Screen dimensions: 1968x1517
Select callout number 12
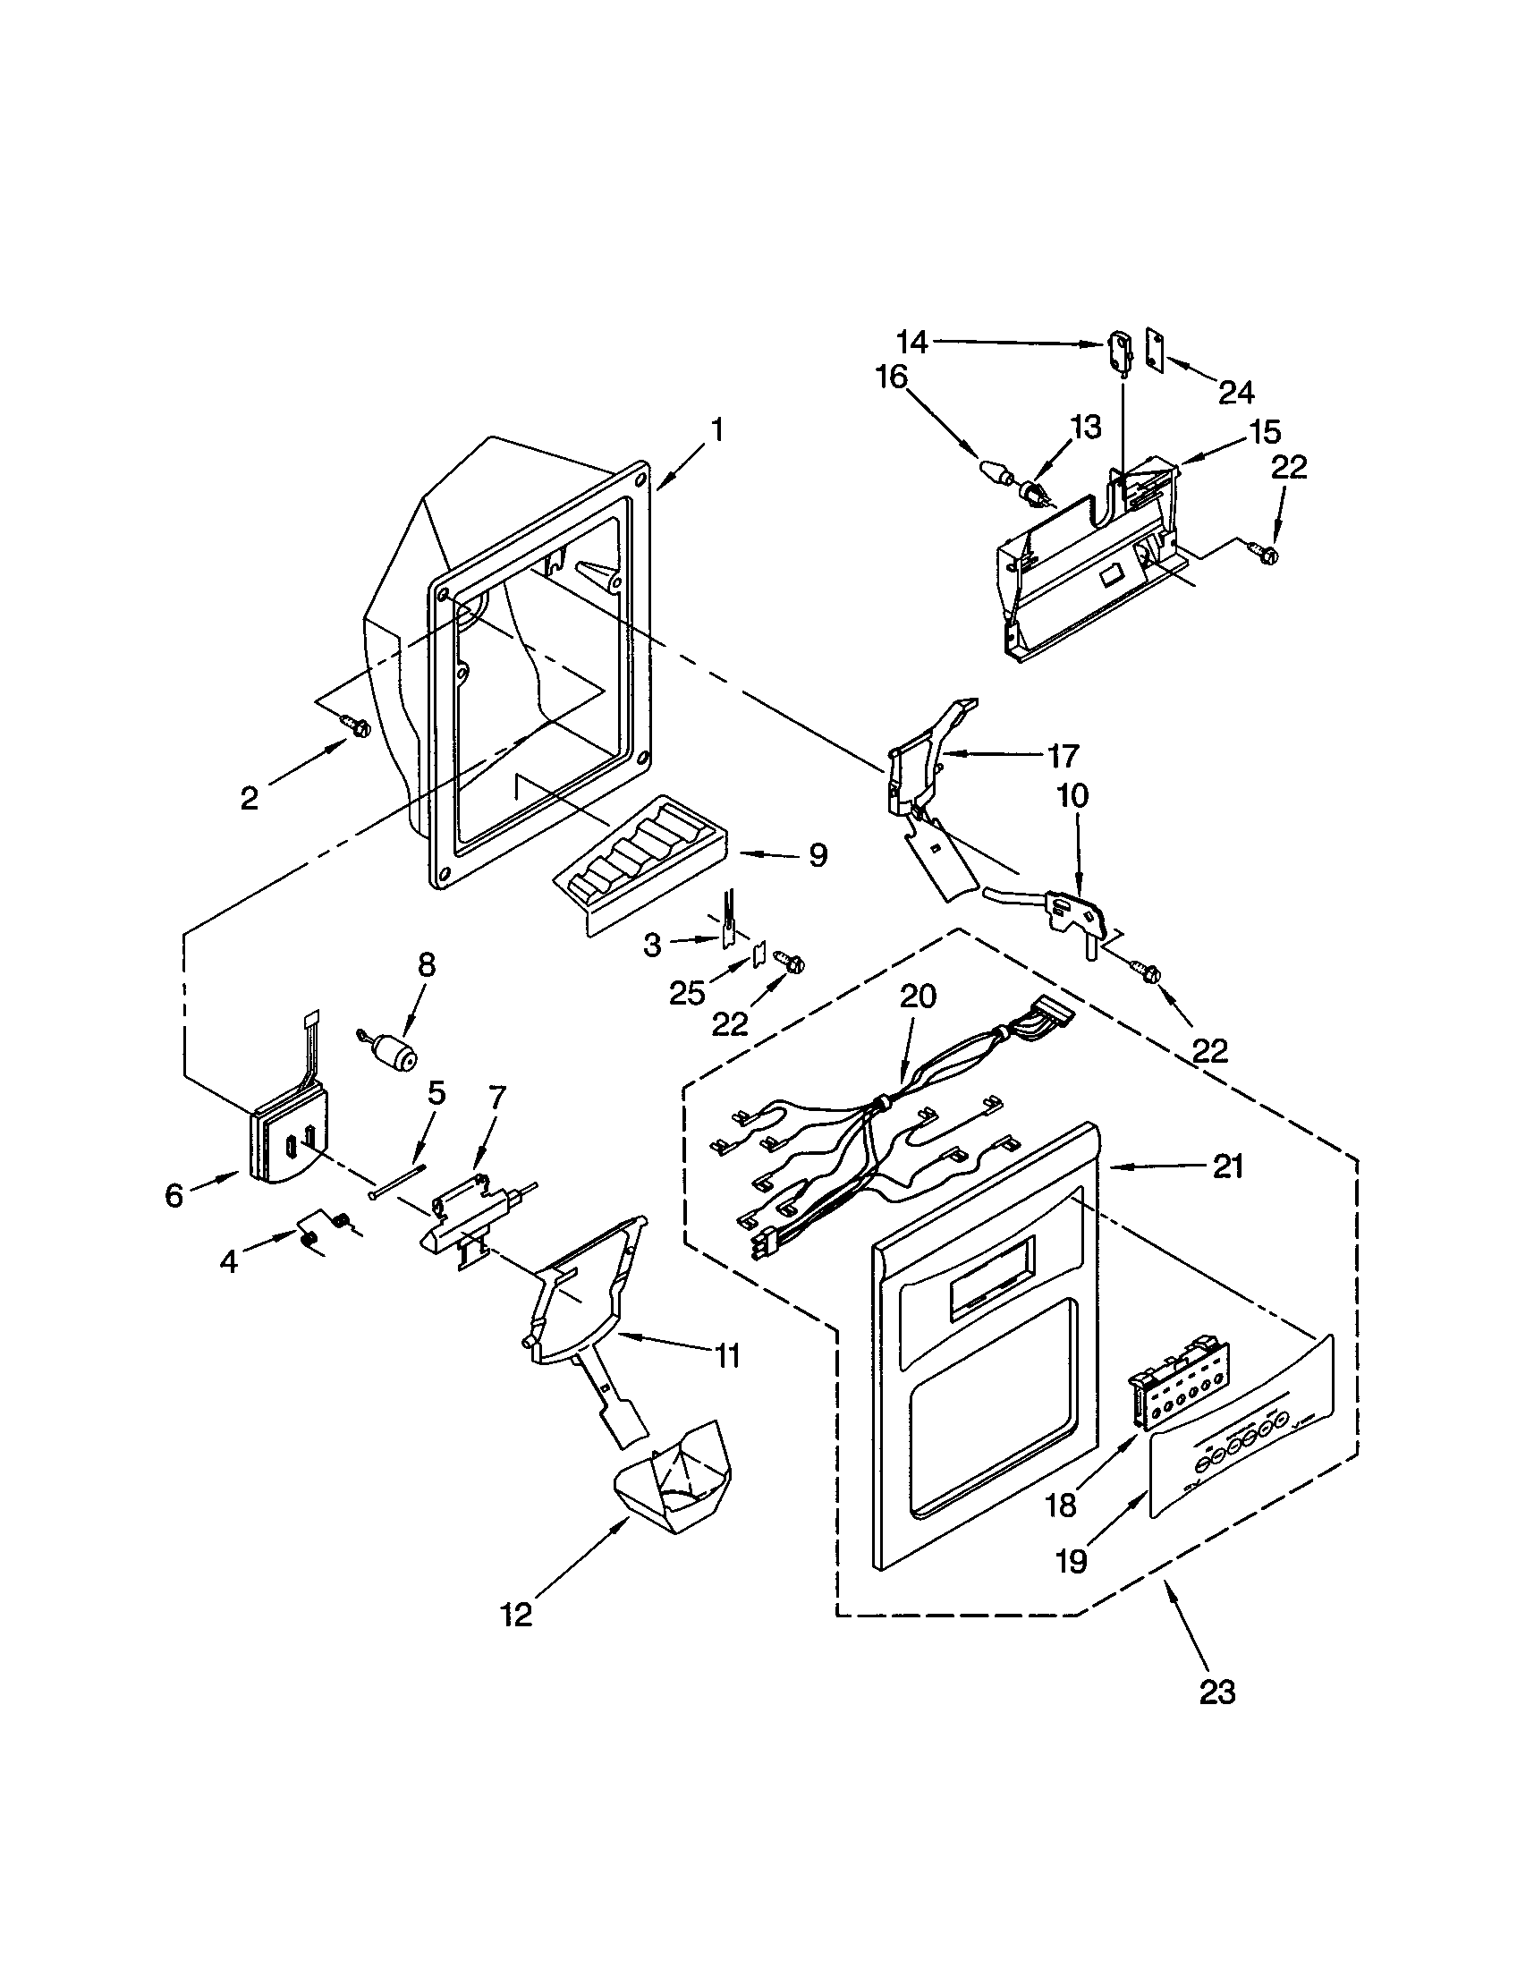click(517, 1615)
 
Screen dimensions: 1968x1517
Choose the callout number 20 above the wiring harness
click(918, 997)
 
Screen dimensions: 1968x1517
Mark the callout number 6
click(174, 1195)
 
